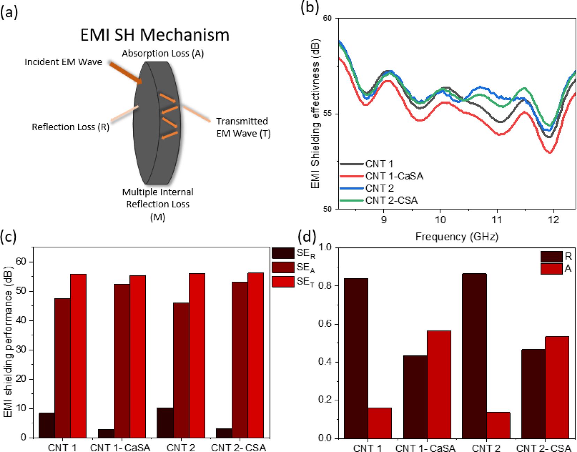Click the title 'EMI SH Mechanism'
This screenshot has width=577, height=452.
155,35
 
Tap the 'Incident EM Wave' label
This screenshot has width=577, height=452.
63,62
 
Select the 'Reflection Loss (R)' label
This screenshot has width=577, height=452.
70,127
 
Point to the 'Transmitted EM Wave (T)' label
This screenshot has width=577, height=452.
243,127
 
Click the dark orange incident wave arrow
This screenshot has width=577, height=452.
126,73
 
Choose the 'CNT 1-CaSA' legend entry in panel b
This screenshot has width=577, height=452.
394,176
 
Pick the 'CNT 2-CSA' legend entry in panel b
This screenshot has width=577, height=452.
391,200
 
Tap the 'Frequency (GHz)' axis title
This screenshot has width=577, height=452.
456,237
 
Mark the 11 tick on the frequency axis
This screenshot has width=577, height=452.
496,220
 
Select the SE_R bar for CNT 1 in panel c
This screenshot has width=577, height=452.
47,425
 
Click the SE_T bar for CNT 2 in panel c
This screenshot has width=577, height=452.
197,355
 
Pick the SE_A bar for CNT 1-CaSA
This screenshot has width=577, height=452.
122,361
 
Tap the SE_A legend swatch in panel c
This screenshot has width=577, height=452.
283,267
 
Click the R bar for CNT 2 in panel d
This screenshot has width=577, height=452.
474,356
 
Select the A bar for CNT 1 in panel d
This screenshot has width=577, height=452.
380,423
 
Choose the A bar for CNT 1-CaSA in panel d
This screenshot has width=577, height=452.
439,384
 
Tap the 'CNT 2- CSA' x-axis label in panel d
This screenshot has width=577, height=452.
543,448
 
